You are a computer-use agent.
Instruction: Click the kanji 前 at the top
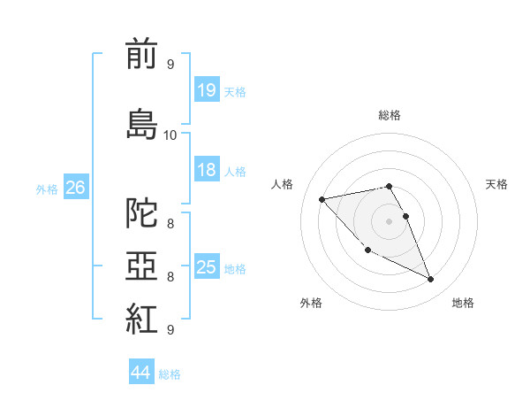[x=141, y=54]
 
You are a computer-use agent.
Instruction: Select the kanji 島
[x=141, y=123]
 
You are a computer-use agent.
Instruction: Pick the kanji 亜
[x=141, y=266]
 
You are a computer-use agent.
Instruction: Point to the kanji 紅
[x=141, y=318]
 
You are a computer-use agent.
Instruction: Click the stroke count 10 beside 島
[x=170, y=135]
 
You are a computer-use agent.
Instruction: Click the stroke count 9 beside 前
[x=170, y=65]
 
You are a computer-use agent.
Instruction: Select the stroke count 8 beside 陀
[x=170, y=224]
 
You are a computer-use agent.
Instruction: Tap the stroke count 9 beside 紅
[x=170, y=329]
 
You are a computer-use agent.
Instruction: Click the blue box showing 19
[x=206, y=89]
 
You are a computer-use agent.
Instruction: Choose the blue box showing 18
[x=206, y=170]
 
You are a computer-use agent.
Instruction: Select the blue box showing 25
[x=206, y=267]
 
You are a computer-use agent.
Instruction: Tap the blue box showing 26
[x=75, y=187]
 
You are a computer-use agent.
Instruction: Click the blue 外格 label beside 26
[x=47, y=189]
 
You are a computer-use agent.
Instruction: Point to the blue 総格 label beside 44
[x=170, y=374]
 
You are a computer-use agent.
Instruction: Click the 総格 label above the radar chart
[x=390, y=115]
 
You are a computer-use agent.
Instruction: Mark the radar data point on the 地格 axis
[x=431, y=280]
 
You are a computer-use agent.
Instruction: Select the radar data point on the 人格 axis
[x=322, y=198]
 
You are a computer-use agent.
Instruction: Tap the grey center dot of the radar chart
[x=389, y=220]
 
